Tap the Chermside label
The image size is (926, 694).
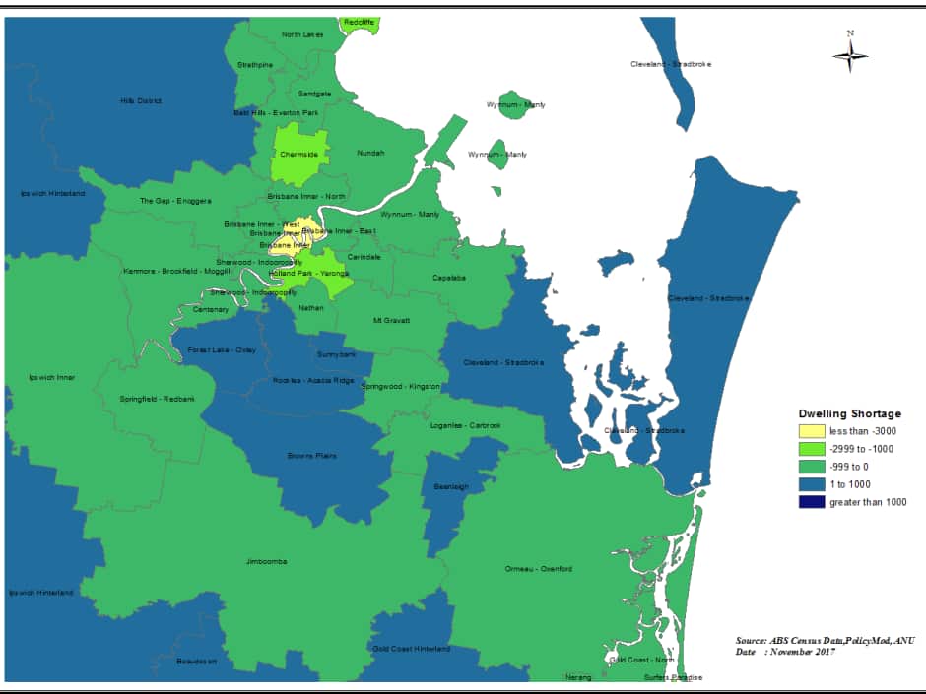tap(298, 154)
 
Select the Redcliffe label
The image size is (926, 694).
tap(360, 22)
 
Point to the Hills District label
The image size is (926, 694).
tap(141, 100)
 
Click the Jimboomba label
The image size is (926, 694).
tap(267, 561)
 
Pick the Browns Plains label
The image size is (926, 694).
tap(306, 456)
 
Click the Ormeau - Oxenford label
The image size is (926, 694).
tap(538, 569)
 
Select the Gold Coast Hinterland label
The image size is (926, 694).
tap(411, 649)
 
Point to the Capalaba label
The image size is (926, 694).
tap(449, 278)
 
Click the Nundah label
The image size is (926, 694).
tap(370, 153)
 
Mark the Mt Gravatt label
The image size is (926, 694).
tap(390, 320)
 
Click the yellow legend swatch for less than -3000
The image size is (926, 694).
tap(811, 431)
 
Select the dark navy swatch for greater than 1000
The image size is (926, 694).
tap(811, 502)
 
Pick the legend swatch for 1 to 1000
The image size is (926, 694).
tap(811, 484)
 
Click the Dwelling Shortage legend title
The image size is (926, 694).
tap(849, 413)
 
